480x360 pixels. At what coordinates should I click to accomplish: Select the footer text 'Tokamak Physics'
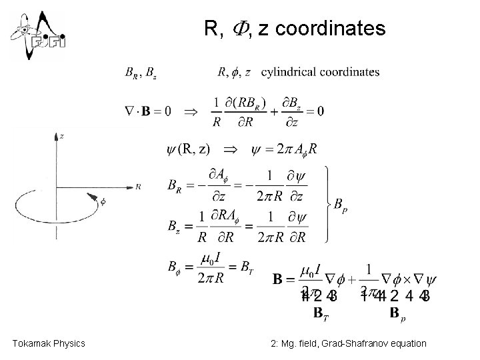click(49, 343)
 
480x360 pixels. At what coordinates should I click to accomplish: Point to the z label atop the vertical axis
click(61, 135)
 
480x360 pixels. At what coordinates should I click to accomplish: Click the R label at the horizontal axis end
click(137, 187)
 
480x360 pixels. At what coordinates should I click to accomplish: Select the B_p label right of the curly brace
click(340, 206)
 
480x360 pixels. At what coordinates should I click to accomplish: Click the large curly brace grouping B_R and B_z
click(327, 203)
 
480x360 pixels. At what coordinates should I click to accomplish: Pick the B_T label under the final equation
click(321, 311)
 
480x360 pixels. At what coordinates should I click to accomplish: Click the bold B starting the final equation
click(280, 279)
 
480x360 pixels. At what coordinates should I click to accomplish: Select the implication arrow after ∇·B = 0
click(191, 111)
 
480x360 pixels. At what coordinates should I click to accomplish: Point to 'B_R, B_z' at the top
click(141, 72)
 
